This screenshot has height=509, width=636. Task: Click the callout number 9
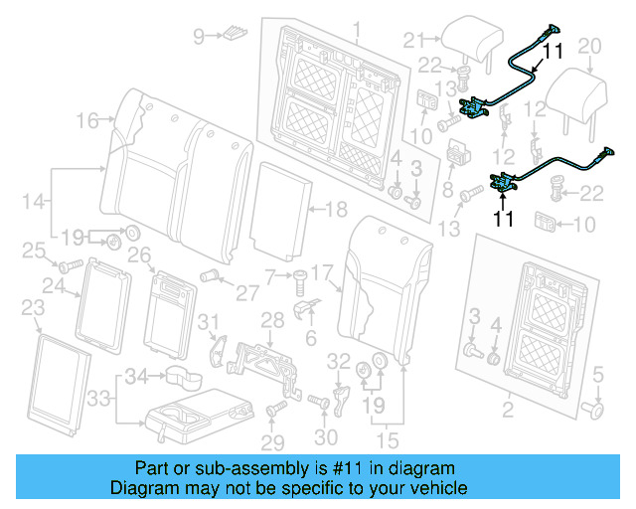pyautogui.click(x=199, y=37)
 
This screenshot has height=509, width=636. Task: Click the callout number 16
pyautogui.click(x=87, y=120)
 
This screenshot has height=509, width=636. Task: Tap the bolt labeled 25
pyautogui.click(x=69, y=266)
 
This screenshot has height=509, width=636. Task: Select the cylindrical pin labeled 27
pyautogui.click(x=210, y=275)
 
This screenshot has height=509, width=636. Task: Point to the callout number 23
pyautogui.click(x=33, y=307)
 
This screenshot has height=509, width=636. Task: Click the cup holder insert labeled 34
pyautogui.click(x=180, y=376)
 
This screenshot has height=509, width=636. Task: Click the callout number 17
pyautogui.click(x=320, y=271)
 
